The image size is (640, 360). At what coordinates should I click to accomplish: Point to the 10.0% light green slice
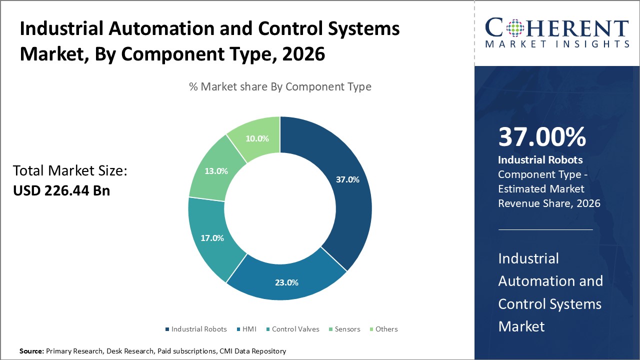[x=257, y=137]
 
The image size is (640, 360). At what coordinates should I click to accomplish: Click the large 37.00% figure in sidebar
[x=542, y=137]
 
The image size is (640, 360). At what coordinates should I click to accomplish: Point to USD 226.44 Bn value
[x=61, y=190]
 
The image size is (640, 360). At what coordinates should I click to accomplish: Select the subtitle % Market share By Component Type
[x=280, y=86]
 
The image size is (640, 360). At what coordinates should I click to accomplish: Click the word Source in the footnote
[x=31, y=351]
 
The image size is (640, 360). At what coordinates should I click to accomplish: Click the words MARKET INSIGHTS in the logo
[x=557, y=44]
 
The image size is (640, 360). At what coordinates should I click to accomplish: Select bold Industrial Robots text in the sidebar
[x=540, y=160]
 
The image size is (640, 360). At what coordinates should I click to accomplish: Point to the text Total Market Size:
[x=70, y=171]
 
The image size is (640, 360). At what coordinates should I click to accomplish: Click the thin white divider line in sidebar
[x=545, y=229]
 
